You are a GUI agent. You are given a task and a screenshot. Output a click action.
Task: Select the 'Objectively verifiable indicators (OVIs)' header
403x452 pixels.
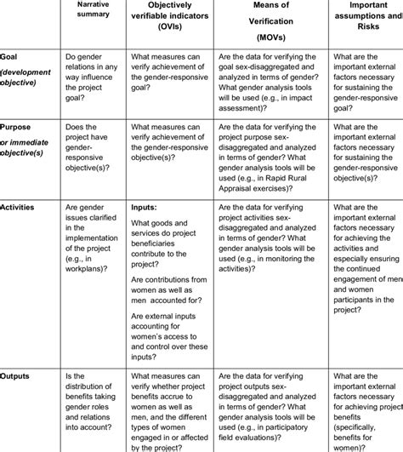(x=179, y=15)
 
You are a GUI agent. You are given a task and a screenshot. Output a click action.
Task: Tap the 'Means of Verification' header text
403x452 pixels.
(x=271, y=15)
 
